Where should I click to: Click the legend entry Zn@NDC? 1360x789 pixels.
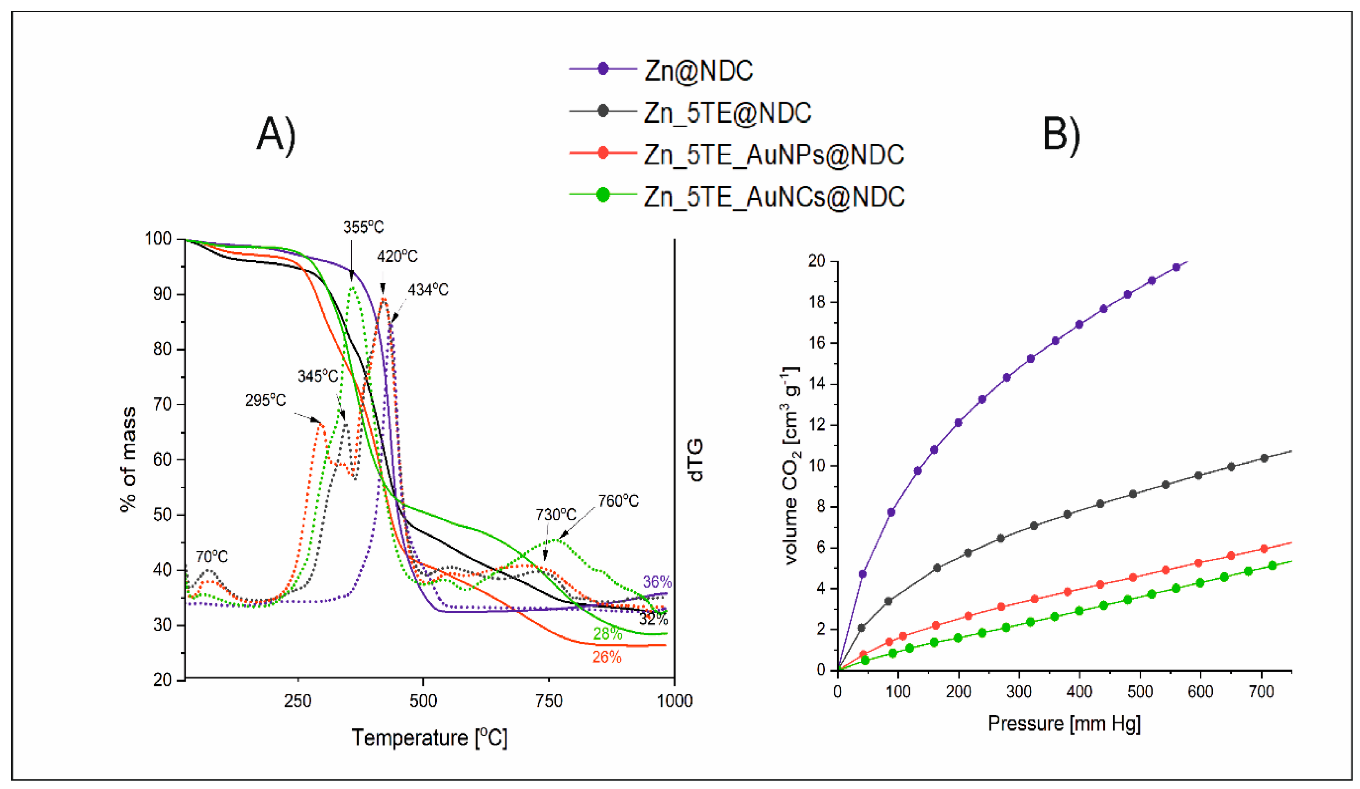pos(698,71)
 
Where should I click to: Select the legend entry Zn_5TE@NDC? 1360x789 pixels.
pos(727,112)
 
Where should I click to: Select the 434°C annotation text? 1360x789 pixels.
pos(427,290)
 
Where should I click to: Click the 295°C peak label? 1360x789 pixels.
pos(265,400)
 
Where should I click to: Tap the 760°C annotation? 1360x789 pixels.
pos(618,501)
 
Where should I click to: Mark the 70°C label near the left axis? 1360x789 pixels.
pos(212,556)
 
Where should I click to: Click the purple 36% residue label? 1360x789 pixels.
pos(657,582)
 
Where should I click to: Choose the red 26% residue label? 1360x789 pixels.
pos(607,657)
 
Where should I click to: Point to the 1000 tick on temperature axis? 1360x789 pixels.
pos(674,701)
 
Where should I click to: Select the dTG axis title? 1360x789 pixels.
pos(696,459)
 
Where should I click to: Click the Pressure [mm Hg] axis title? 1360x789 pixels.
pos(1064,723)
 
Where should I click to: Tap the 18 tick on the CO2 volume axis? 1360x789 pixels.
pos(816,302)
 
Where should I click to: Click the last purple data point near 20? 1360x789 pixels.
pos(1177,267)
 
